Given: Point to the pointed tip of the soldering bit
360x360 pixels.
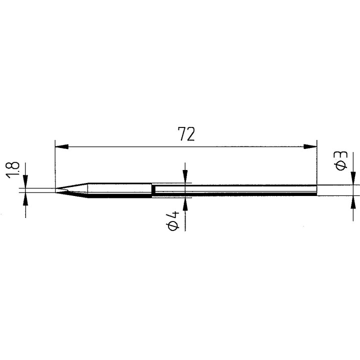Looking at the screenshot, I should tap(55, 190).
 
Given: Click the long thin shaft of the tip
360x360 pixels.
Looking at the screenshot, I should tap(235, 190).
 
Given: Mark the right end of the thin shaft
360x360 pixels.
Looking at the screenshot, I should tap(316, 190).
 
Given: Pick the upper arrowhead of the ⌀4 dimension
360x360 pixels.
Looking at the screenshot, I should tap(185, 178).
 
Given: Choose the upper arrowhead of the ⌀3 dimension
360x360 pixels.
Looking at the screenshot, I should tap(353, 180).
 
